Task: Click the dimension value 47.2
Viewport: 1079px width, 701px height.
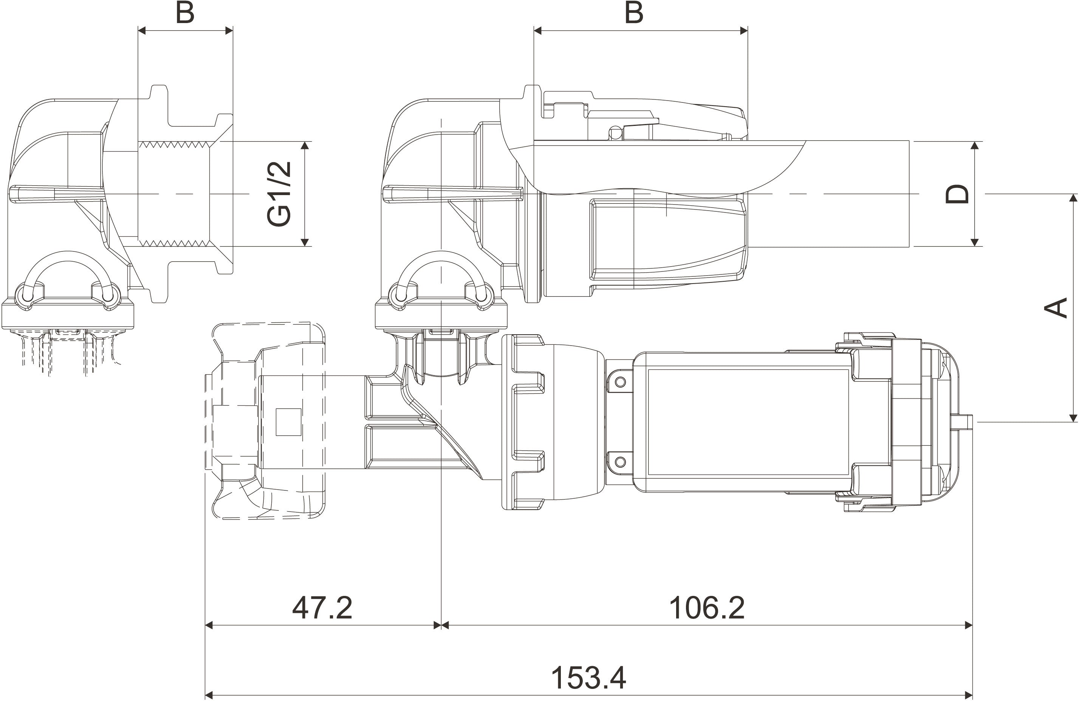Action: (322, 608)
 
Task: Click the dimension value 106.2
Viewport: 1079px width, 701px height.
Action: (707, 608)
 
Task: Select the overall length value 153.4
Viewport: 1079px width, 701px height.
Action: (588, 678)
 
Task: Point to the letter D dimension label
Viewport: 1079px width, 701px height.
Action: (957, 194)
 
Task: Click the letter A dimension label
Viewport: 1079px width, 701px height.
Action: (1056, 308)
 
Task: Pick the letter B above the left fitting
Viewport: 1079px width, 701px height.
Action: (185, 13)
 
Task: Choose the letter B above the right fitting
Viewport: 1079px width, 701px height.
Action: (634, 13)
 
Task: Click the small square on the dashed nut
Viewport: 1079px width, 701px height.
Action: (288, 422)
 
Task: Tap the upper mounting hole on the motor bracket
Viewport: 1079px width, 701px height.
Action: (620, 382)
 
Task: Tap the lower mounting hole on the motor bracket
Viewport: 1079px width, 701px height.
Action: (620, 462)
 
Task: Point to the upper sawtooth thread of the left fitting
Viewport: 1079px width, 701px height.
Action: (175, 145)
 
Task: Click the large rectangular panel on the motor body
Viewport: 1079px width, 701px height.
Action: (748, 422)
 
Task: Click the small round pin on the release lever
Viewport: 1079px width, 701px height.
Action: (615, 132)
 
